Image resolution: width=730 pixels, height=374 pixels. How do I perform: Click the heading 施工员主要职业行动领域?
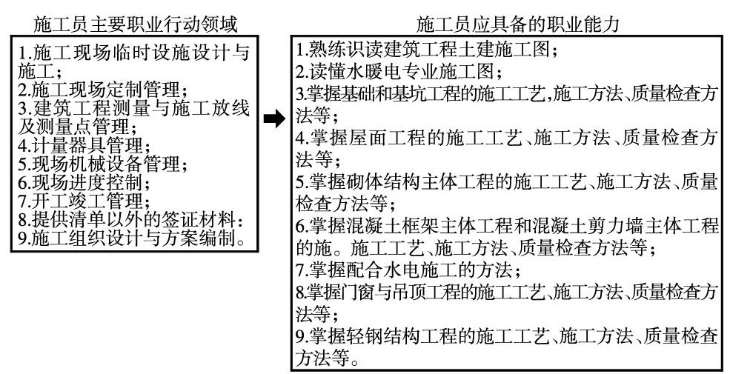point(136,24)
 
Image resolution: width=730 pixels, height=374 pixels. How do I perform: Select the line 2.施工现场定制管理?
point(101,91)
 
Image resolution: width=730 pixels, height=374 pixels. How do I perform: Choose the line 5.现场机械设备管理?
point(101,163)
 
